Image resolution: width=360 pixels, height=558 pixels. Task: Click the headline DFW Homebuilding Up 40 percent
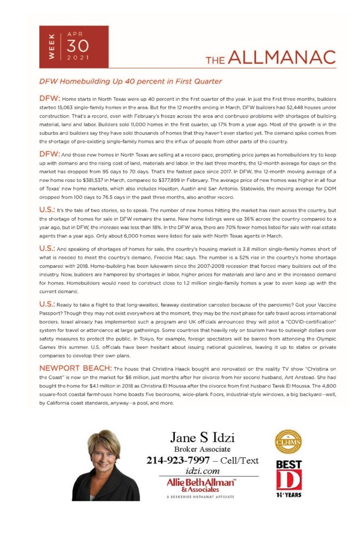(x=130, y=81)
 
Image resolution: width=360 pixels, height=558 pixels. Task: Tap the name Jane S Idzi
(x=202, y=437)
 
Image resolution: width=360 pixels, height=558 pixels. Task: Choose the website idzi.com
(x=202, y=471)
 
